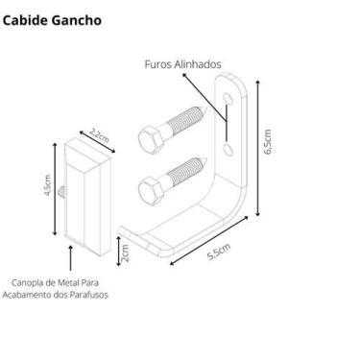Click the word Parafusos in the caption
tap(86, 295)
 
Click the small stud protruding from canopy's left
tap(61, 193)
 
